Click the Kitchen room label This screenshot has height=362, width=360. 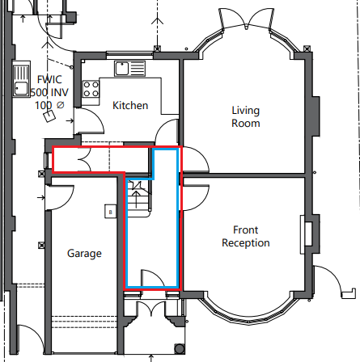[130, 105]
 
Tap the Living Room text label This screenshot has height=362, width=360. [246, 116]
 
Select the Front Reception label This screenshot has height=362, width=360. [246, 236]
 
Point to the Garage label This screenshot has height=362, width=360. [84, 254]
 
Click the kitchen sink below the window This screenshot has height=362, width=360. [130, 69]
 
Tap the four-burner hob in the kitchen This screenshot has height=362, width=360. [91, 89]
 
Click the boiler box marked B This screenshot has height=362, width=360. [110, 212]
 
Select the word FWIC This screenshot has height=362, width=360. [49, 79]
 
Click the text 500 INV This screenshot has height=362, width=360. [49, 92]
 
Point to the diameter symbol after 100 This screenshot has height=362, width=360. [61, 105]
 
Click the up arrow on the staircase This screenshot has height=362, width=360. [136, 200]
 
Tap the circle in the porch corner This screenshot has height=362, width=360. [180, 348]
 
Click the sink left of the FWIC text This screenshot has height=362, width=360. [21, 79]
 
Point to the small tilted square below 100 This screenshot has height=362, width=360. [49, 116]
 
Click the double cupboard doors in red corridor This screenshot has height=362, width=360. [85, 159]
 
